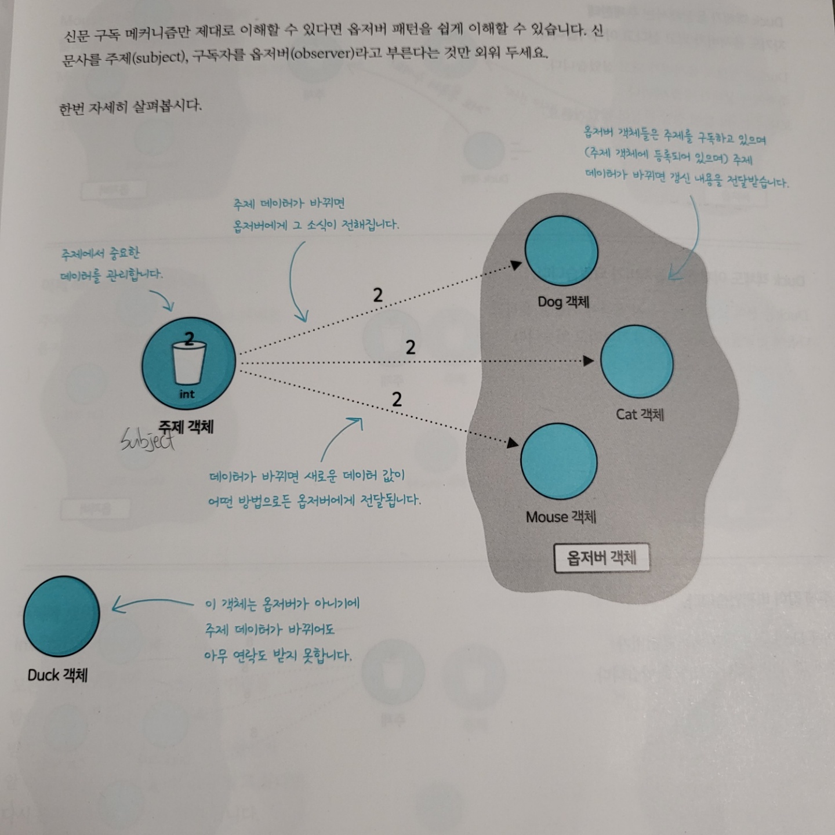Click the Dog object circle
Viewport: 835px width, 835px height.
click(x=561, y=252)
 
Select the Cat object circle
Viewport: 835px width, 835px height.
click(x=637, y=361)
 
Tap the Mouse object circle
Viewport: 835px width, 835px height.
click(x=559, y=462)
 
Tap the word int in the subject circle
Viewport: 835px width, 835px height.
click(x=187, y=394)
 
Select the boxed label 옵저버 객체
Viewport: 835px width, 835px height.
click(x=601, y=558)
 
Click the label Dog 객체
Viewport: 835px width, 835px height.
click(x=563, y=302)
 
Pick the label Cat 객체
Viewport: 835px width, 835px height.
click(x=640, y=414)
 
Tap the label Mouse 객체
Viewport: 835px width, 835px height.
click(x=561, y=517)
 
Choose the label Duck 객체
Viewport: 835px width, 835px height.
click(x=57, y=675)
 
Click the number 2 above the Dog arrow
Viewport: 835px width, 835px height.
click(x=377, y=295)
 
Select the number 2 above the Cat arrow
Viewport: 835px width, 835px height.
click(x=411, y=347)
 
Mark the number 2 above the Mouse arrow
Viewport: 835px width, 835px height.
click(x=397, y=399)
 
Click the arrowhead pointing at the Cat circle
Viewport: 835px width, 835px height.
click(x=588, y=361)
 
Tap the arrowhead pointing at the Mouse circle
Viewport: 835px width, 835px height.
click(x=513, y=443)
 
